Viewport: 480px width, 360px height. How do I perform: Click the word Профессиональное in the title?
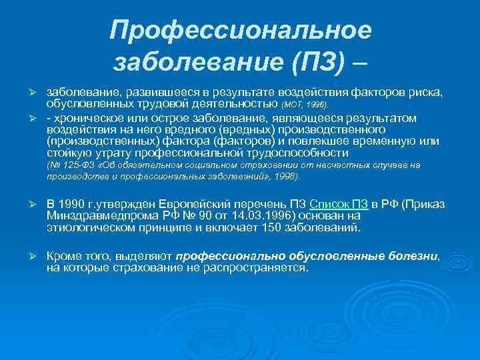point(241,29)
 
